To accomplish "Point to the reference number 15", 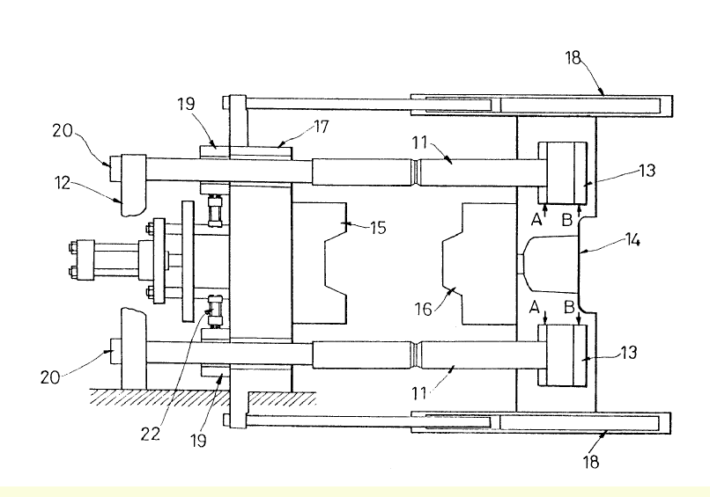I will click(x=377, y=228).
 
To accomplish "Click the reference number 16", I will click(x=425, y=309).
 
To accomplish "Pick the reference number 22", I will click(x=151, y=433).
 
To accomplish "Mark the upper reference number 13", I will click(x=647, y=170).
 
